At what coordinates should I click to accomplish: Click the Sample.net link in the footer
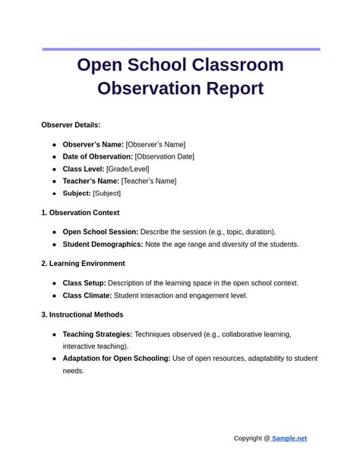click(289, 438)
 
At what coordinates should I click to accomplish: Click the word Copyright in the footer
click(248, 438)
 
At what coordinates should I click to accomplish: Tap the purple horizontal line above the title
click(181, 49)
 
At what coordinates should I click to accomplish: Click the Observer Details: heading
click(71, 125)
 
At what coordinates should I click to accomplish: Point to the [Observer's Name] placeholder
click(156, 144)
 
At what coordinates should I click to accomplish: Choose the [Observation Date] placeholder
click(165, 156)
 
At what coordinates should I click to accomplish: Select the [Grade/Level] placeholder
click(128, 169)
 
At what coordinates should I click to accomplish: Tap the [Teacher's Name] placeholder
click(149, 181)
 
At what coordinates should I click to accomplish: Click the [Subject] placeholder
click(106, 193)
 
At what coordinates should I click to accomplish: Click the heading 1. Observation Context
click(80, 213)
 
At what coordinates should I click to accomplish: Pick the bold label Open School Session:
click(100, 232)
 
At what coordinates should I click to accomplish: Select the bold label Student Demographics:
click(103, 245)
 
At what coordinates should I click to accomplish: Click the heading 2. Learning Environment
click(83, 264)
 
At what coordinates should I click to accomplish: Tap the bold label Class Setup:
click(84, 283)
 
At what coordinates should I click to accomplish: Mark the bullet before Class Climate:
click(54, 295)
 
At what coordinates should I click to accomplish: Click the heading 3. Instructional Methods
click(82, 314)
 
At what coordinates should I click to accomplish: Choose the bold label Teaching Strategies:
click(97, 334)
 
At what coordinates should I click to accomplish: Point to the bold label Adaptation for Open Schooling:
click(116, 358)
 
